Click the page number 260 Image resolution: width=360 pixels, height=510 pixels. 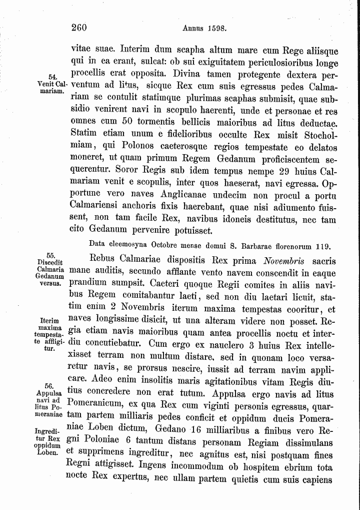pos(79,28)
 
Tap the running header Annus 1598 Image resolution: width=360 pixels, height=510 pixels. pos(205,29)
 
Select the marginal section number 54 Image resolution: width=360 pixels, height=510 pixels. pos(55,76)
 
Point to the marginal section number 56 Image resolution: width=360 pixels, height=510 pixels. pos(49,386)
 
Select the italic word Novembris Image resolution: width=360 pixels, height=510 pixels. pos(284,261)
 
